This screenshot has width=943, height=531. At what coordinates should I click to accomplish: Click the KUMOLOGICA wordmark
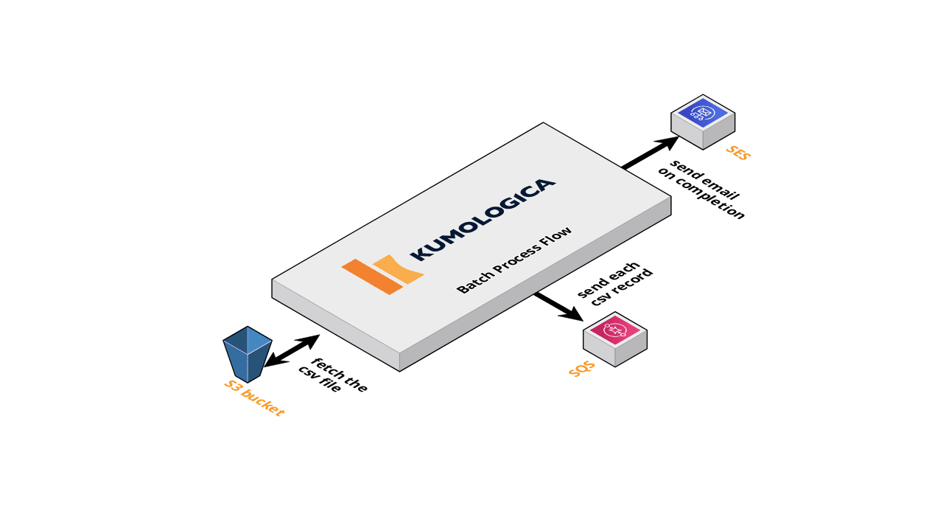coord(483,219)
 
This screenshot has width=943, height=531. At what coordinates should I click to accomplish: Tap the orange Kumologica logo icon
coord(382,274)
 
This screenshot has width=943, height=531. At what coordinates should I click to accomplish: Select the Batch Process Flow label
coord(514,260)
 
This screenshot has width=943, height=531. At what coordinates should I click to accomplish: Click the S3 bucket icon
coord(248,353)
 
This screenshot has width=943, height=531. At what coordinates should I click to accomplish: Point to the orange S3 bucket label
coord(254,398)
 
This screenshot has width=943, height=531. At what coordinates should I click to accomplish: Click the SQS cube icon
coord(615,339)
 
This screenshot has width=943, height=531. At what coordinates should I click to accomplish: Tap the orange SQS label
coord(581,369)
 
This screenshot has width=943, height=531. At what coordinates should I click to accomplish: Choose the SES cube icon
coord(703,122)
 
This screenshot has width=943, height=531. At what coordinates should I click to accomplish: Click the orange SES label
coord(737,153)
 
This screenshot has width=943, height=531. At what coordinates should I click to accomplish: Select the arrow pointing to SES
coord(651,153)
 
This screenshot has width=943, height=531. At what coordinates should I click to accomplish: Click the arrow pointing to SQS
coord(559,306)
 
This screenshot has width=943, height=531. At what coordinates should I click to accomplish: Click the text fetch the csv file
coord(332,375)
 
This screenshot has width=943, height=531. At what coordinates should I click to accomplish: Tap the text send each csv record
coord(615,282)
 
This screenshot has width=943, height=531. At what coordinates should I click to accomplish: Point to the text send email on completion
coord(702,189)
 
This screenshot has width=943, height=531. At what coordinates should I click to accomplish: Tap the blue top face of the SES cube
coord(703,113)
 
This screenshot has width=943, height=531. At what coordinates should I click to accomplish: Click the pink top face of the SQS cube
coord(615,330)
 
